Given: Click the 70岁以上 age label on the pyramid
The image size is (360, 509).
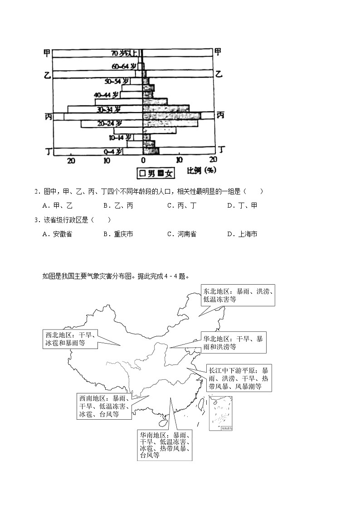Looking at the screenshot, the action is (124, 53).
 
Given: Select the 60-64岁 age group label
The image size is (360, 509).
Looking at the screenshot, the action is (124, 66).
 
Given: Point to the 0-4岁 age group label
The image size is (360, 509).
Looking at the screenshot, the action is (113, 151).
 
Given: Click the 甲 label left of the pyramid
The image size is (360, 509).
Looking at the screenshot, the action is (47, 53).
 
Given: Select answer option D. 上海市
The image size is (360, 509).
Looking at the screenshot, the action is (242, 234).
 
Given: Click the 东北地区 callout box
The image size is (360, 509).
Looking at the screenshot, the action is (238, 295).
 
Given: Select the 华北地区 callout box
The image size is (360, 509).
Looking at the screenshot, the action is (233, 343).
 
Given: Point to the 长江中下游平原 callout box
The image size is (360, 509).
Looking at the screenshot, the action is (239, 378).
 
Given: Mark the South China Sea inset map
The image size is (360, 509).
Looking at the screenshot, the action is (221, 413).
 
